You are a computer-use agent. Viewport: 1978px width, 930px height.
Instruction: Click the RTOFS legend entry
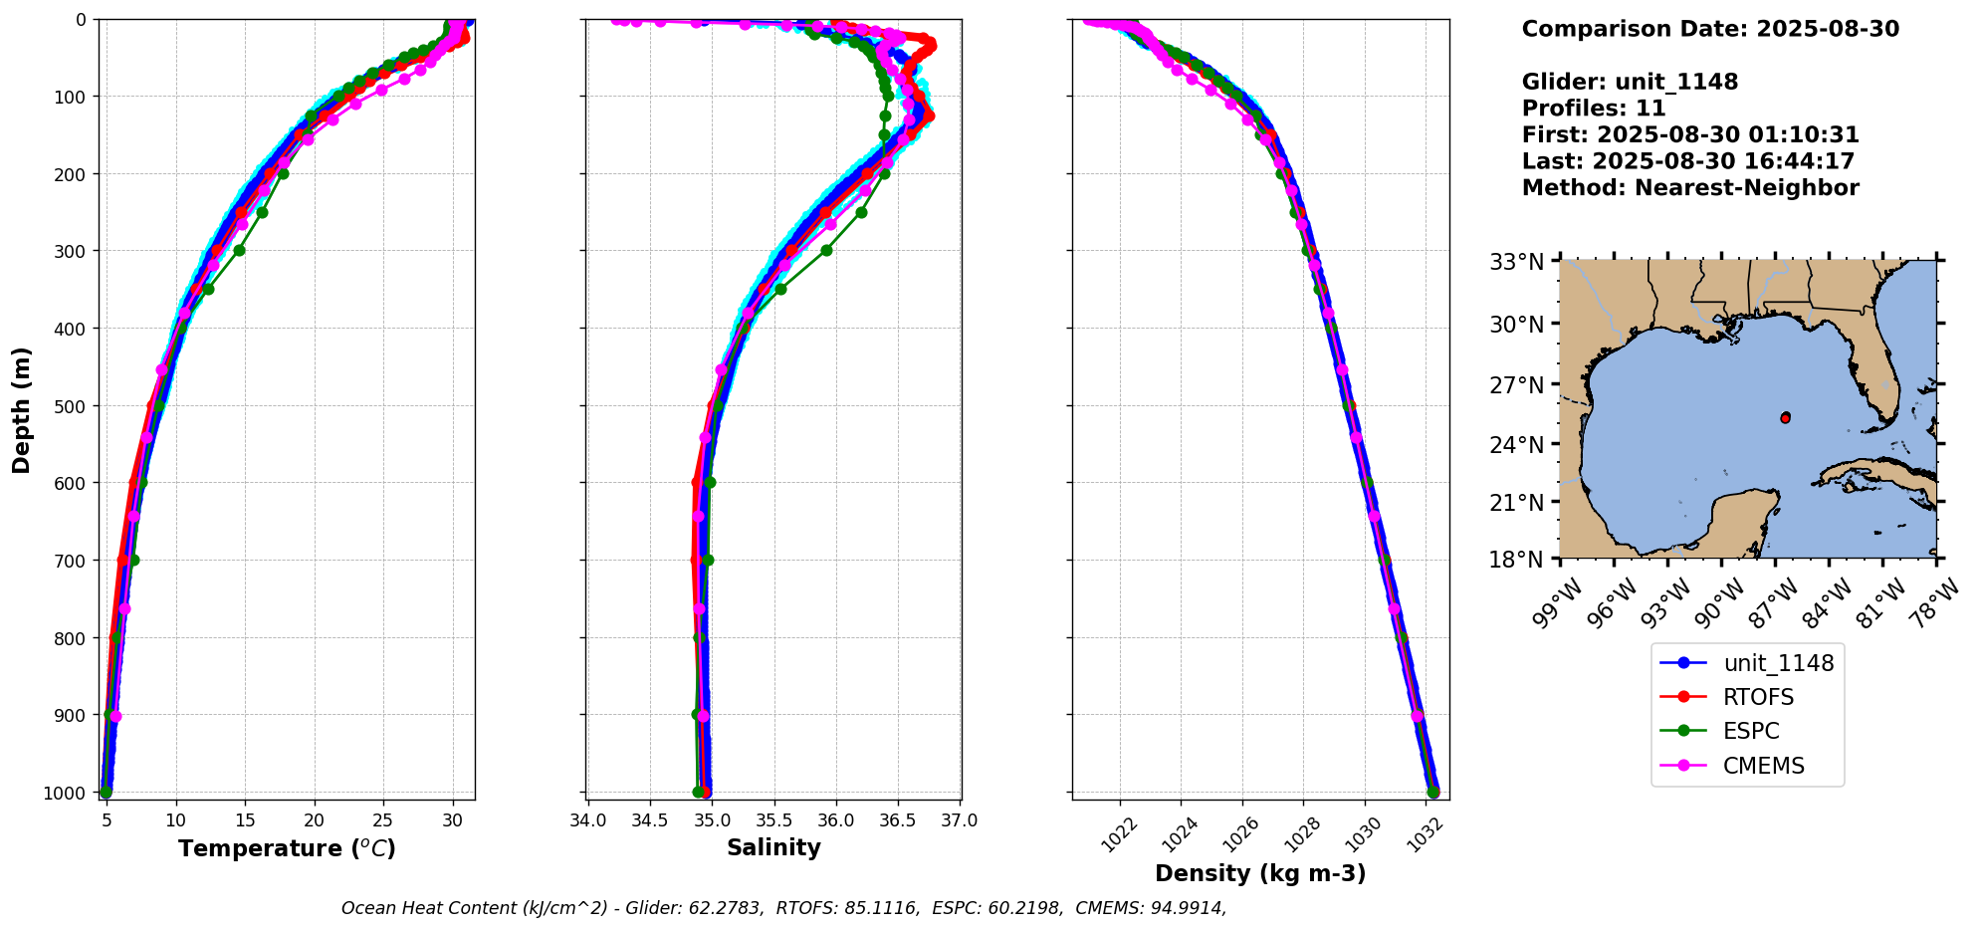pos(1758,697)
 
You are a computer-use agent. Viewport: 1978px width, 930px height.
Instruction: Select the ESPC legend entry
pos(1751,731)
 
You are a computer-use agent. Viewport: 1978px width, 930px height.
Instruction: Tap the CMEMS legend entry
pos(1763,766)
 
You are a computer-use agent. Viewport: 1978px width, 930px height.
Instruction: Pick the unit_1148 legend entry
pos(1778,663)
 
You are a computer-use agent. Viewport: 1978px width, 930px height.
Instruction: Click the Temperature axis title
pos(287,848)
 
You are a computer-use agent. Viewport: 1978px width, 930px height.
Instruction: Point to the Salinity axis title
pos(773,848)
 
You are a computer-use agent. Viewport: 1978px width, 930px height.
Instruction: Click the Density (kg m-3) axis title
pos(1260,873)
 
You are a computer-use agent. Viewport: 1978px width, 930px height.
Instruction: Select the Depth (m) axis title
pos(22,409)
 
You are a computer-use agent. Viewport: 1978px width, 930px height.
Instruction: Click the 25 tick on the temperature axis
pos(383,820)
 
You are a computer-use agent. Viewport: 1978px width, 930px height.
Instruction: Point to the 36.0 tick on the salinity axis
pos(835,820)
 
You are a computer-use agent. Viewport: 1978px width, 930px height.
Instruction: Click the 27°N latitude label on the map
pos(1516,385)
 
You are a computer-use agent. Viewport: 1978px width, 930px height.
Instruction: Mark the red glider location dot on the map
pos(1785,418)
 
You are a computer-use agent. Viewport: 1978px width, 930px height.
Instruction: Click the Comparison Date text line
pos(1709,29)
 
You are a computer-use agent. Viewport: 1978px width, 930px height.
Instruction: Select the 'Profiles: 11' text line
pos(1593,109)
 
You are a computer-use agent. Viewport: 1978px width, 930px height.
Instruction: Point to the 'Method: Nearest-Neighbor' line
pos(1689,188)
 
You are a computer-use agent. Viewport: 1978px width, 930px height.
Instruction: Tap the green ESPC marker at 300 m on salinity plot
pos(826,250)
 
